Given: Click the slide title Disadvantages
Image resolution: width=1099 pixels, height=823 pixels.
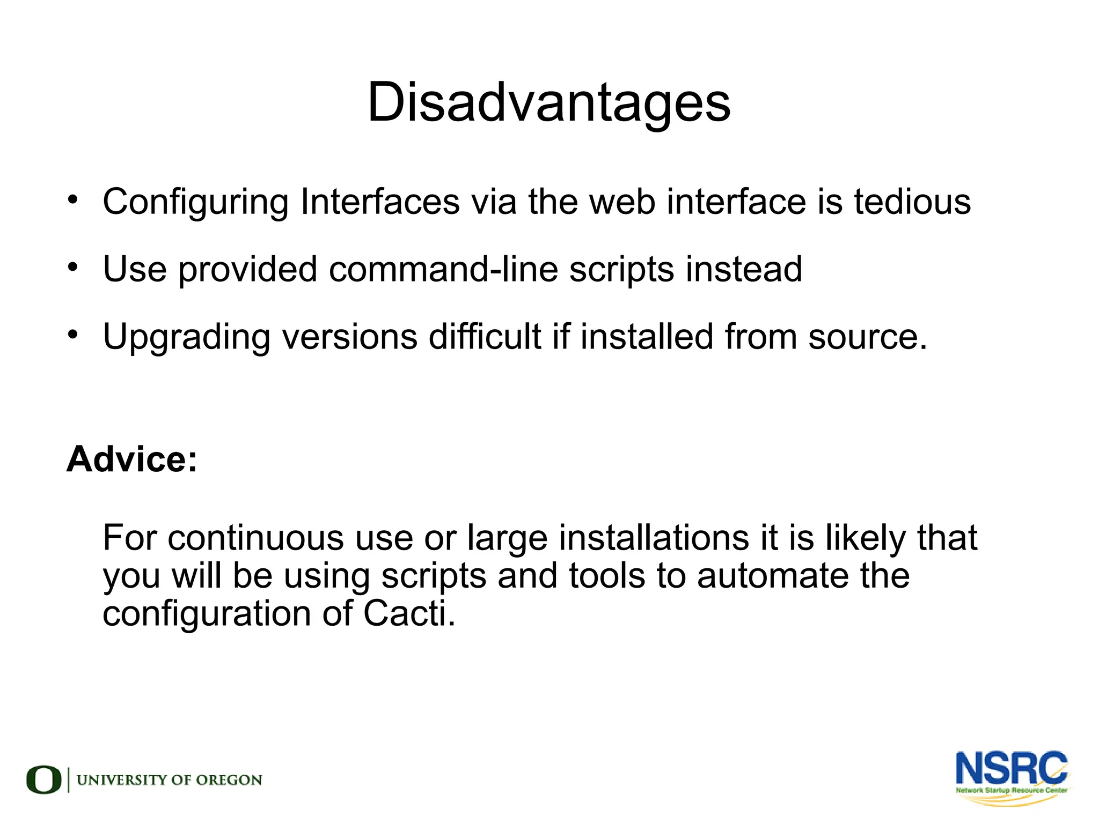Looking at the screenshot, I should [x=548, y=102].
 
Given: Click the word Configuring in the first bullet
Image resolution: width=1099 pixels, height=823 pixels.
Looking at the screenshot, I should [x=195, y=203].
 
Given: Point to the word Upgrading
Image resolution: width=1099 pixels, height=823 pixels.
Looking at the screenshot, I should [x=186, y=338].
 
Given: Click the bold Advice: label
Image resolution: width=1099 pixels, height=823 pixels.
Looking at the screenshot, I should [x=132, y=459].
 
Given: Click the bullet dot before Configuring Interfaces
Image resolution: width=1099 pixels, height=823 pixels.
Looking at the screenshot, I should [x=73, y=199].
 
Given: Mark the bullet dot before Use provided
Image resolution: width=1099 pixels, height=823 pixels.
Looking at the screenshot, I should [x=73, y=266].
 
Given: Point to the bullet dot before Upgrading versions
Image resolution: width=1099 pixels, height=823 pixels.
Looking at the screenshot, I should [x=73, y=335].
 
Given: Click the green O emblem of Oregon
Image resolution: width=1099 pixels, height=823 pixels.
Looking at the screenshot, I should [x=43, y=780].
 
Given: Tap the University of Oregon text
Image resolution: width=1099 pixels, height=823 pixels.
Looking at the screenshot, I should [x=170, y=780].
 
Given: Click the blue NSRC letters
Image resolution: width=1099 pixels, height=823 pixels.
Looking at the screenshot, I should [x=1011, y=768].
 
